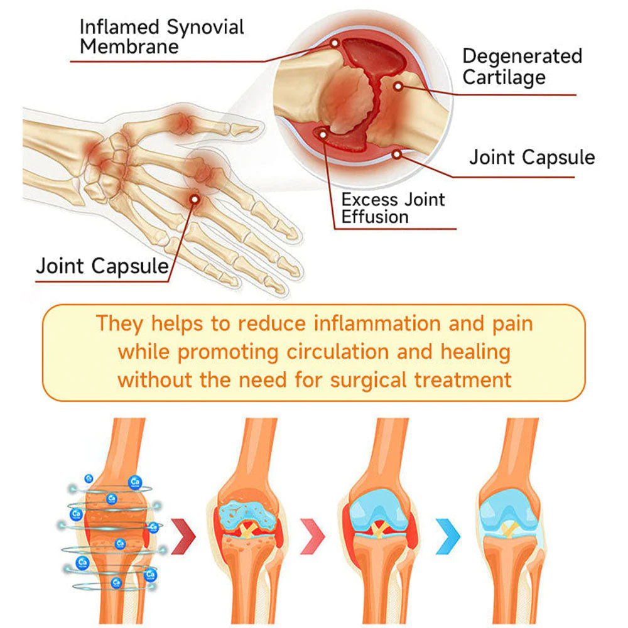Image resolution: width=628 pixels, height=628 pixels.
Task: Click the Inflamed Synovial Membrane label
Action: point(161,36)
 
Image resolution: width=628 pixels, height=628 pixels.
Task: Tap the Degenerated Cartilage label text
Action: point(522,67)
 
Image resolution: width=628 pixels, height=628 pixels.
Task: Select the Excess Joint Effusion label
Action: point(393,208)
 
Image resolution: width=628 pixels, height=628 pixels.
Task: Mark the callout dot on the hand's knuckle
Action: point(195,199)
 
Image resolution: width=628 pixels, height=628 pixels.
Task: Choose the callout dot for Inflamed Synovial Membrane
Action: point(335,43)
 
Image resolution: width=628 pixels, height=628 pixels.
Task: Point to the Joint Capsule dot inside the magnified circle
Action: point(397,153)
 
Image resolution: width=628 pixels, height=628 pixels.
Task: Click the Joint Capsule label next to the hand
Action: point(102,266)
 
